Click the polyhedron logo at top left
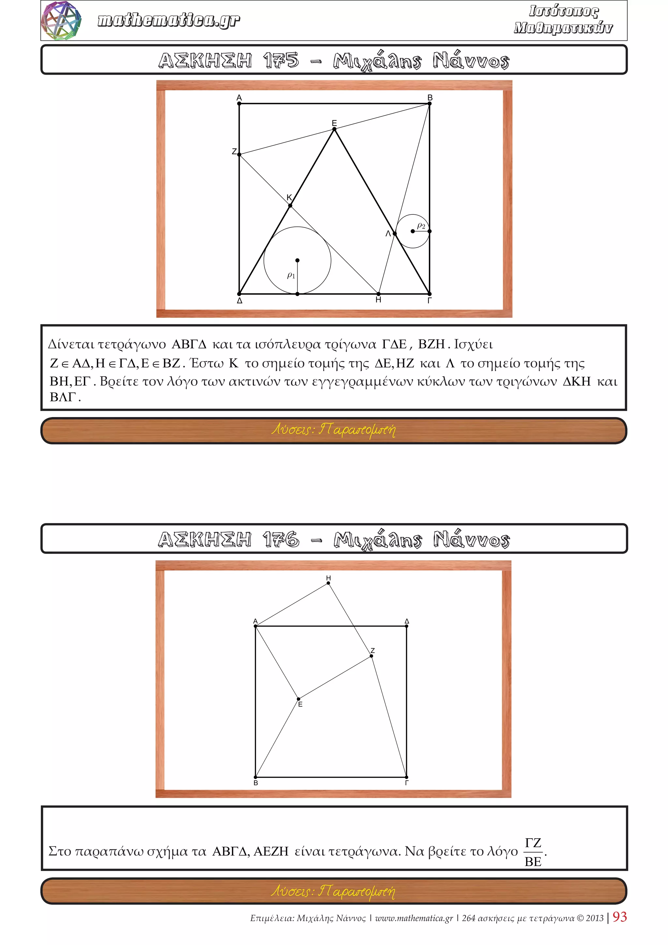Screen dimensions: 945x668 (x=61, y=21)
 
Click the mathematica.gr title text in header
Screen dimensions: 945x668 (x=169, y=20)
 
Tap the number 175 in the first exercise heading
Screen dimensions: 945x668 (x=281, y=60)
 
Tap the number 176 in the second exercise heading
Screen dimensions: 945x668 (x=281, y=539)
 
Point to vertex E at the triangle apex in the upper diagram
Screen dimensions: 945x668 (x=334, y=129)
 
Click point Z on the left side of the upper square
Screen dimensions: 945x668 (x=239, y=154)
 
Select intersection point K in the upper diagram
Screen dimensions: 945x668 (x=290, y=205)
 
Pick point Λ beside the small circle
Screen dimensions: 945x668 (x=394, y=233)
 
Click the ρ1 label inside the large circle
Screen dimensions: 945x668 (x=291, y=275)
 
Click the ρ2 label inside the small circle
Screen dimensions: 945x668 (x=421, y=225)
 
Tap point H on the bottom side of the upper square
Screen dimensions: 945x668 (x=378, y=294)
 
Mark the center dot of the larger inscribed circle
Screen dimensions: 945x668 (x=297, y=260)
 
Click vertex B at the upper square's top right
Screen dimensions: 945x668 (x=430, y=103)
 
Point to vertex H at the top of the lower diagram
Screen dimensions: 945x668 (x=328, y=583)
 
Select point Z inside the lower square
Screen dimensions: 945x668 (x=372, y=656)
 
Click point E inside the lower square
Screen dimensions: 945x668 (x=299, y=699)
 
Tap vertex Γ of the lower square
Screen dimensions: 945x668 (x=406, y=777)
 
